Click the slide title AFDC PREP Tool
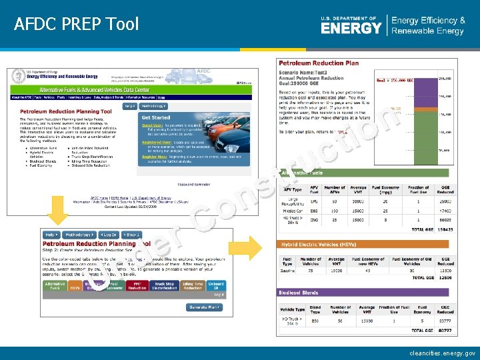pyautogui.click(x=76, y=24)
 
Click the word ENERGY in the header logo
pyautogui.click(x=351, y=28)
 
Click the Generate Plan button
pyautogui.click(x=205, y=307)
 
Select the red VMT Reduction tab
pyautogui.click(x=137, y=286)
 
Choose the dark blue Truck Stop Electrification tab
pyautogui.click(x=164, y=286)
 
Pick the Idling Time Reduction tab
pyautogui.click(x=193, y=286)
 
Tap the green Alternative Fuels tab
pyautogui.click(x=55, y=286)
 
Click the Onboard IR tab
pyautogui.click(x=216, y=286)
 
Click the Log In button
pyautogui.click(x=107, y=235)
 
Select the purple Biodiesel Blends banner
pyautogui.click(x=367, y=293)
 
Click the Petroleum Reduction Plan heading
pyautogui.click(x=319, y=63)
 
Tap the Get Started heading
pyautogui.click(x=155, y=117)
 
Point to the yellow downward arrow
pyautogui.click(x=58, y=213)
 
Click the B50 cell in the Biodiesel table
pyautogui.click(x=315, y=321)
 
